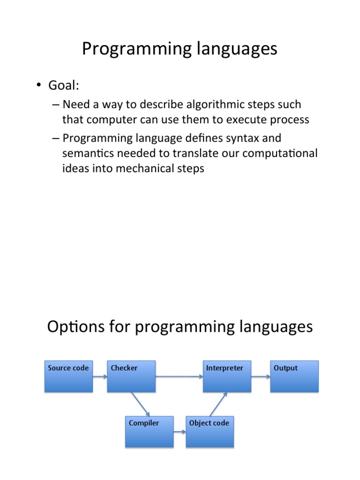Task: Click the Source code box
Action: tap(69, 376)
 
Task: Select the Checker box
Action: tap(131, 376)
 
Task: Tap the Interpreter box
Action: tap(227, 376)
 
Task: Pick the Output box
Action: tap(294, 376)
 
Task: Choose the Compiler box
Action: tap(149, 431)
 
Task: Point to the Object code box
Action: tap(210, 431)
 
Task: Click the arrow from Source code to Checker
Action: tap(100, 376)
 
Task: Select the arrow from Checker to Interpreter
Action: tap(179, 376)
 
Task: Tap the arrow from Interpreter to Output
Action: tap(261, 376)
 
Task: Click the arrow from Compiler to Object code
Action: tap(180, 431)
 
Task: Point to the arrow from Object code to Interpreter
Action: tap(218, 404)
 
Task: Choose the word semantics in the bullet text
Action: tap(88, 153)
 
